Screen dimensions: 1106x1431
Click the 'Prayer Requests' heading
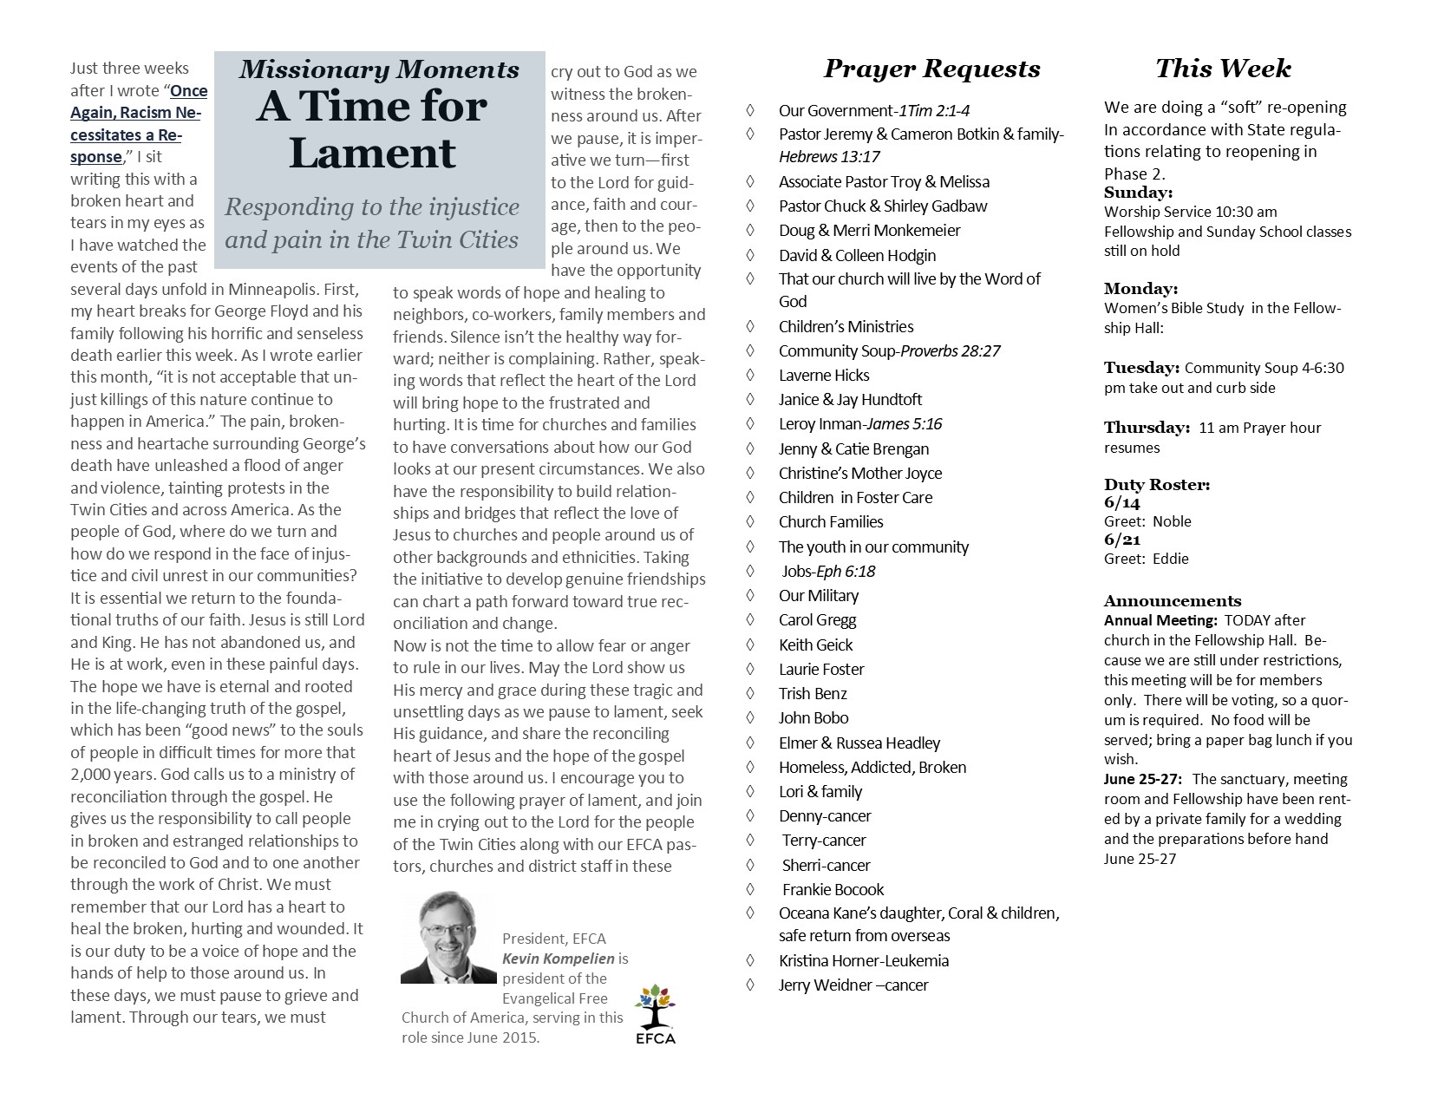[x=931, y=69]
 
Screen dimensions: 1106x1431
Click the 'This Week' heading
[x=1223, y=69]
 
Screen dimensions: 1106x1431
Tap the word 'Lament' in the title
[x=372, y=153]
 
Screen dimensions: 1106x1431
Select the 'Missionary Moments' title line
[x=379, y=70]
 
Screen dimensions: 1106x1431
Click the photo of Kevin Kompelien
[x=447, y=937]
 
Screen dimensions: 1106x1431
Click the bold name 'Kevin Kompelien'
[x=559, y=959]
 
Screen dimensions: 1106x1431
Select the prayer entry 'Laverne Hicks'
[x=824, y=376]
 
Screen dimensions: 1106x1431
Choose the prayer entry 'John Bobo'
[x=814, y=718]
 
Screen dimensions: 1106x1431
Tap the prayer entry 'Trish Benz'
[x=813, y=694]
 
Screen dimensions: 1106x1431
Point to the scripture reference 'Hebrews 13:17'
[x=830, y=157]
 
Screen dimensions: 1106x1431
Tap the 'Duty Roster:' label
[x=1157, y=485]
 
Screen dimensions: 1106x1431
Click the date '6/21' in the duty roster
[x=1121, y=540]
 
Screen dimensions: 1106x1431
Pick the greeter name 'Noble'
[x=1172, y=521]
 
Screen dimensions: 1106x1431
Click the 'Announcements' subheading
[x=1173, y=601]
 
